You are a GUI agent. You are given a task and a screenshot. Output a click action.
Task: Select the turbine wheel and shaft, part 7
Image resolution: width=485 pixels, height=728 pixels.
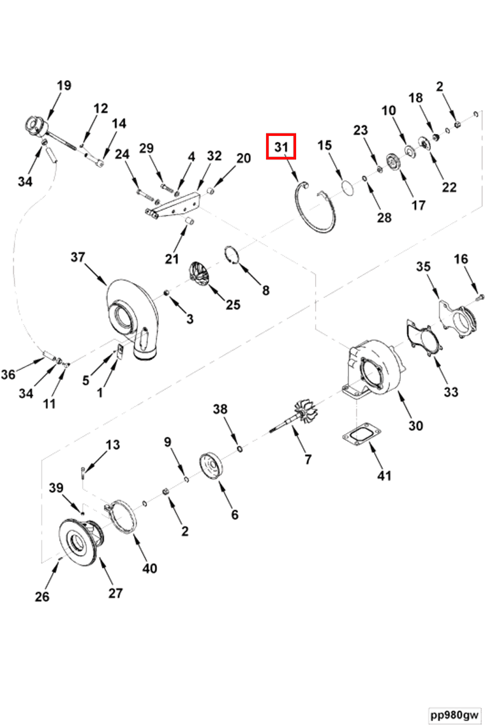[x=299, y=415]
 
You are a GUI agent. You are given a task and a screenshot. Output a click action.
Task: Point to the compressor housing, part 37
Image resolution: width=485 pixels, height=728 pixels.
[x=131, y=313]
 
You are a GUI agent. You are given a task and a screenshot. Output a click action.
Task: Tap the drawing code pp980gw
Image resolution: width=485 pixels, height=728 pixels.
[x=454, y=714]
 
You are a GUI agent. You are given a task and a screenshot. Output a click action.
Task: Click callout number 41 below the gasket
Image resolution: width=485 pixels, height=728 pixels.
[x=384, y=475]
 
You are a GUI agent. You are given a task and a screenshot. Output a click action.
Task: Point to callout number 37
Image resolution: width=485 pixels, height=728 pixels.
[x=78, y=257]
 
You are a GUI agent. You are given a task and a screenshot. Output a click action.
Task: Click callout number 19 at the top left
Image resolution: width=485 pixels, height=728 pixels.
[x=64, y=85]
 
